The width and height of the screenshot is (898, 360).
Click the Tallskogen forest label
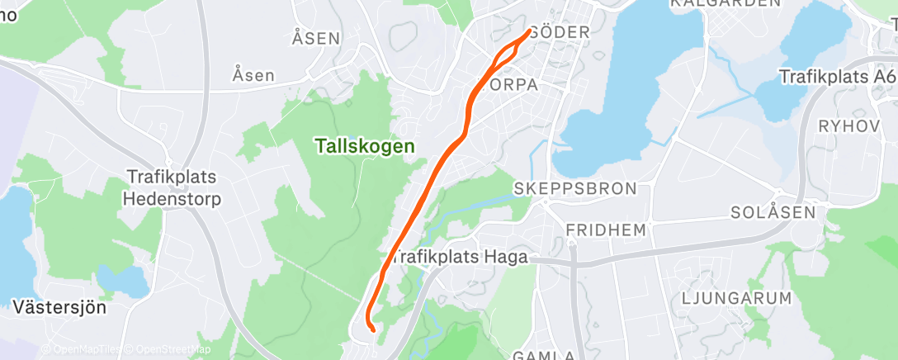tap(364, 145)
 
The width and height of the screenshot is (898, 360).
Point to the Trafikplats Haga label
tap(459, 258)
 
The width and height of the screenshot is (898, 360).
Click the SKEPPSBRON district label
tap(575, 188)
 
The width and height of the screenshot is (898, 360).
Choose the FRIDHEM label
tap(606, 230)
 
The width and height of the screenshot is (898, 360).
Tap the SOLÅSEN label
tap(773, 212)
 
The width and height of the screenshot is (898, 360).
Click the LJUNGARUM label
tap(737, 297)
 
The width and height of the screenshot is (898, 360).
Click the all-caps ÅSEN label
tap(316, 38)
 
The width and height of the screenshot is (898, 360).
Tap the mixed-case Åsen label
tap(253, 75)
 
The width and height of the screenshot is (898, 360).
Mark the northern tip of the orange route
tap(529, 32)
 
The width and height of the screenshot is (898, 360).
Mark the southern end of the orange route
tap(373, 329)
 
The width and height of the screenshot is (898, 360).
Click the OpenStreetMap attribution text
tap(171, 350)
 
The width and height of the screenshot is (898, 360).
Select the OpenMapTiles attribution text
tap(83, 350)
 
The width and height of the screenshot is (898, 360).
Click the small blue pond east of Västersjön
tap(121, 281)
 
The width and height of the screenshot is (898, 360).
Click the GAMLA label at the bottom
tap(544, 355)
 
